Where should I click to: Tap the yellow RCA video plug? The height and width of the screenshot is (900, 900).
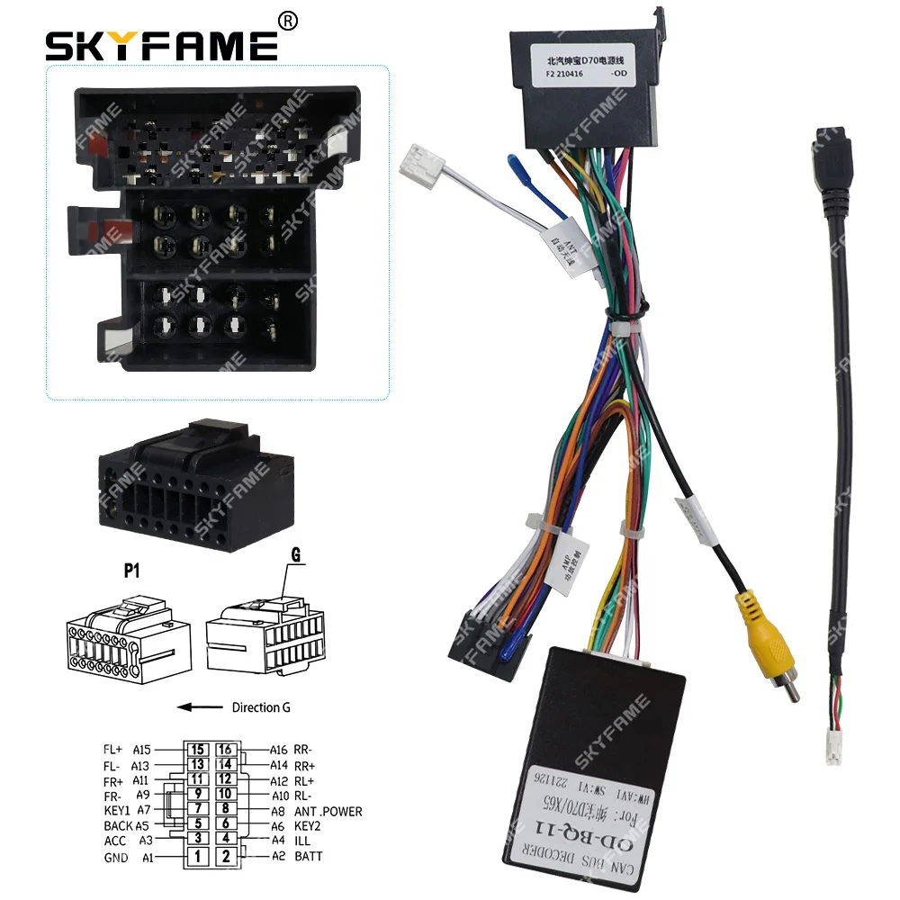pos(753,622)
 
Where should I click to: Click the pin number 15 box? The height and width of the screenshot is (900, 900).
pos(197,748)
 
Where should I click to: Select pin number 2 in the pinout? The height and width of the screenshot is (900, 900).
pos(225,857)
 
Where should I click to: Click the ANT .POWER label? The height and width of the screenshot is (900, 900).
pos(328,811)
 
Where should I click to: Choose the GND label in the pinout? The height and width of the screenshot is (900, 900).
pos(115,857)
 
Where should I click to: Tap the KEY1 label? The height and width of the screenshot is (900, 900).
pos(117,811)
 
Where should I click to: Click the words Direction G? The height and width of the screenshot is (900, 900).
pos(261,707)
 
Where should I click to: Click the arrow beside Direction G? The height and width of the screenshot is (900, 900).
pos(200,707)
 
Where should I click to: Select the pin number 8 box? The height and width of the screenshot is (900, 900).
pos(225,810)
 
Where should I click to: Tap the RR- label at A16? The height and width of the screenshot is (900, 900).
pos(303,748)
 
